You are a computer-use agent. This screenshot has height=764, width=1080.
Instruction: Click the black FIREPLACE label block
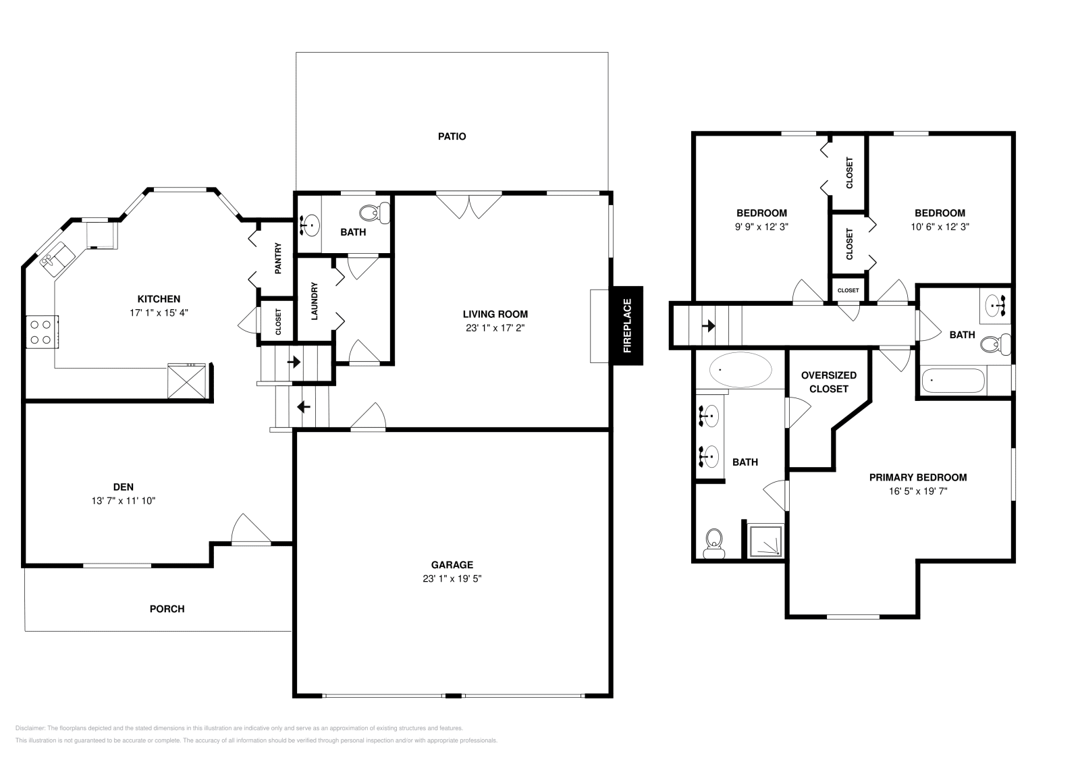626,325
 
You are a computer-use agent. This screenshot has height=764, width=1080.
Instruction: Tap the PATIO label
452,136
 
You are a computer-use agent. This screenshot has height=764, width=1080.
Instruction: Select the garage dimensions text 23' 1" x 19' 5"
452,579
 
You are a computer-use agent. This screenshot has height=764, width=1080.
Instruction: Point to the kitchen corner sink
57,256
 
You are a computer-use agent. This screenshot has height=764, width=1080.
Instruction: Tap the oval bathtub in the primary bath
740,370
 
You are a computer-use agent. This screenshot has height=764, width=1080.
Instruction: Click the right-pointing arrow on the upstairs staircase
708,327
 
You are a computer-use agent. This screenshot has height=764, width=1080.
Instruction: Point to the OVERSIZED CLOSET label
828,382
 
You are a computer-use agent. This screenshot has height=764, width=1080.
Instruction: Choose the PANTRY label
277,258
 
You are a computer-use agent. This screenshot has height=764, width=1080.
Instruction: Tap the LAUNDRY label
314,301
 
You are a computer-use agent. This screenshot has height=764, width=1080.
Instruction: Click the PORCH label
167,609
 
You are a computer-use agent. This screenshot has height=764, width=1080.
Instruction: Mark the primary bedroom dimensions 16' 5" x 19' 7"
917,492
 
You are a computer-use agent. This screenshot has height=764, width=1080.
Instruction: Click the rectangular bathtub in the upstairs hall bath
953,381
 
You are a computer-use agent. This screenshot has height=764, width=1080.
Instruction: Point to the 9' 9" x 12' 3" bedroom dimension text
761,227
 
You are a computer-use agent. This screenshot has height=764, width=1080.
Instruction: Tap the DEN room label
124,487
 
